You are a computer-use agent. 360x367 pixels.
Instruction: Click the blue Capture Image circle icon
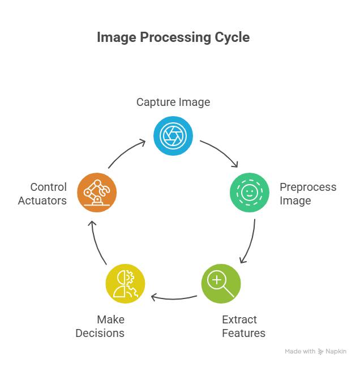173,136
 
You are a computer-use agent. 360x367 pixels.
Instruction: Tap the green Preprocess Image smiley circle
250,193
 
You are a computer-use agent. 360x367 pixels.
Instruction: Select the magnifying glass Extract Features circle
221,283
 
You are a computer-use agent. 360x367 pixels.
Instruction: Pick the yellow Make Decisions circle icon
126,283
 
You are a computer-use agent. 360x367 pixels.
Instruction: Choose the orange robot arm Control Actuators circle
97,193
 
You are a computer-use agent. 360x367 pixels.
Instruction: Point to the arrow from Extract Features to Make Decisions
173,297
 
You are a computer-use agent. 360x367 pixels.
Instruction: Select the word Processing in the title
172,38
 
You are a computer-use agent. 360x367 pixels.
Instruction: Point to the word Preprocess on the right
308,187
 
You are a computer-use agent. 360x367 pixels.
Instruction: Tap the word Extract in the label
239,320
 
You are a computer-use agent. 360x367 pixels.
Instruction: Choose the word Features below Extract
244,333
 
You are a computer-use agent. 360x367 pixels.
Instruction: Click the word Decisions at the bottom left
100,333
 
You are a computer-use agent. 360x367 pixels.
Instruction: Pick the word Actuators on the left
42,200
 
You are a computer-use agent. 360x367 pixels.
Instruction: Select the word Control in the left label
48,187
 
